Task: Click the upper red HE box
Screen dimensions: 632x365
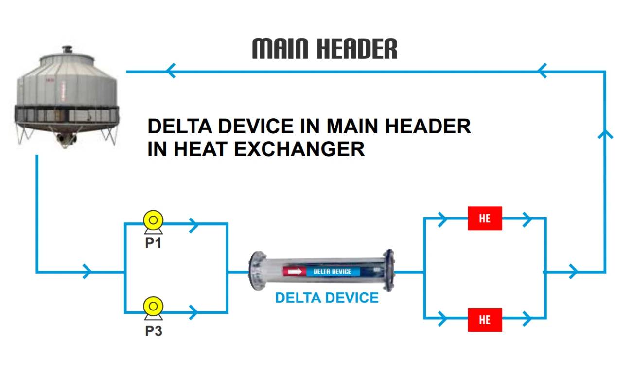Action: [485, 219]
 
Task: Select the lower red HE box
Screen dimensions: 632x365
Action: [485, 320]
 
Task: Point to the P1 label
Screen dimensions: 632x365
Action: [153, 243]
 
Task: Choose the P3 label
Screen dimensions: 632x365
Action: [154, 331]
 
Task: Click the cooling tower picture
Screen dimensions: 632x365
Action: [67, 97]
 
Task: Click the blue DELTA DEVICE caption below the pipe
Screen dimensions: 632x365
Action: [327, 298]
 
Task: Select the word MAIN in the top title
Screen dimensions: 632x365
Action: [280, 49]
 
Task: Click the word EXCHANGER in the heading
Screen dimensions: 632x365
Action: [299, 149]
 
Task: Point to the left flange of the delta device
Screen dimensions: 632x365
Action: [257, 271]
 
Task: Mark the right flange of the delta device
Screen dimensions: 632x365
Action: [388, 270]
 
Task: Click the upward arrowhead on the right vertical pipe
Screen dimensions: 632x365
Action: [605, 134]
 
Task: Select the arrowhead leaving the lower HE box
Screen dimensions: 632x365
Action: [527, 319]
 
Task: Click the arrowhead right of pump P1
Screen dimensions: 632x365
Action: [194, 225]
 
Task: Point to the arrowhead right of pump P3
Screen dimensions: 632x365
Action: [194, 312]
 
